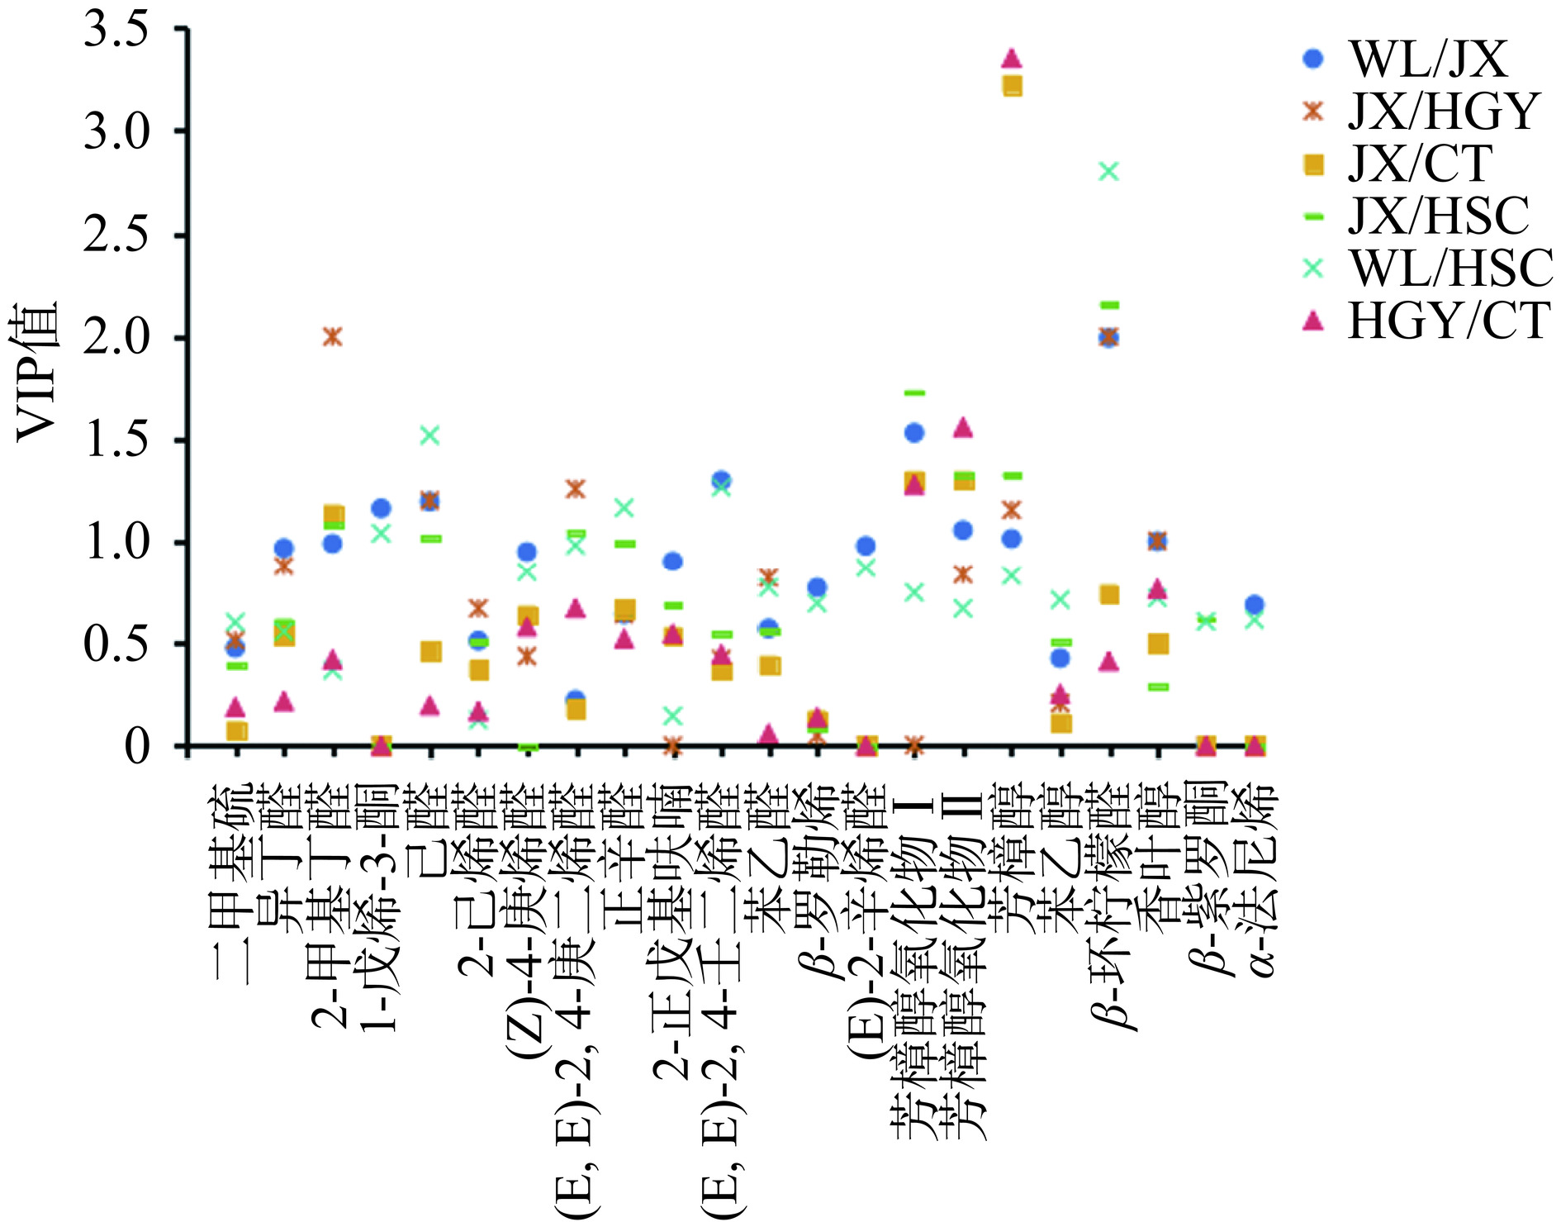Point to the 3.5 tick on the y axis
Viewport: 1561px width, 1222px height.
point(116,30)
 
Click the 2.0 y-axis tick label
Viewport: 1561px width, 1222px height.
point(116,338)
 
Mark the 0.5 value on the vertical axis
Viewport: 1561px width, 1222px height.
point(116,644)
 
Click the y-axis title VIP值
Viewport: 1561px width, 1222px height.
point(37,372)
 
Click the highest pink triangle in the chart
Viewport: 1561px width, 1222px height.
point(1012,59)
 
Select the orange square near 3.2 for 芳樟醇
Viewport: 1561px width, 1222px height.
point(1012,86)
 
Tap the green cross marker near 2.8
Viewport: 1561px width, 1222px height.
point(1109,171)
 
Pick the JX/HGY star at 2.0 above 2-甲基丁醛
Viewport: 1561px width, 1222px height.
point(332,336)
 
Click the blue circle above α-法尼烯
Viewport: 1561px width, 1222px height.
point(1255,604)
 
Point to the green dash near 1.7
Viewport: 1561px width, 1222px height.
point(914,393)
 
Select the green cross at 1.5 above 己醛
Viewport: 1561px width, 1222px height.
point(429,435)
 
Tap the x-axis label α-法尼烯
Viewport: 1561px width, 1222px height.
point(1255,880)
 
